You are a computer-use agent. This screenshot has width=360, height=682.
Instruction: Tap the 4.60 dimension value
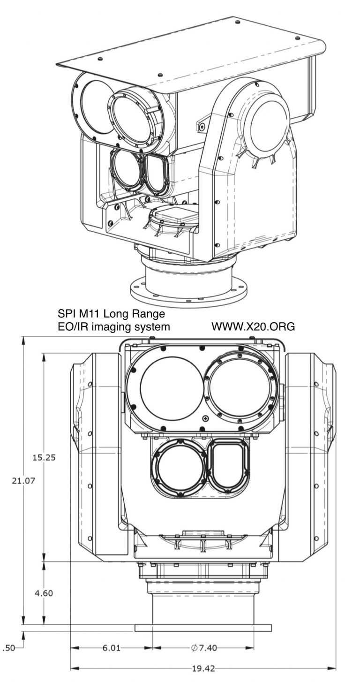tap(44, 592)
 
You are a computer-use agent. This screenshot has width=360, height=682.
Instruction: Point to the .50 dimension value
tap(9, 648)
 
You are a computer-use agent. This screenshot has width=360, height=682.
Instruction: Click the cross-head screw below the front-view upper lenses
tap(205, 418)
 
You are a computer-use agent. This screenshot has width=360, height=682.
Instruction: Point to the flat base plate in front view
tap(203, 628)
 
